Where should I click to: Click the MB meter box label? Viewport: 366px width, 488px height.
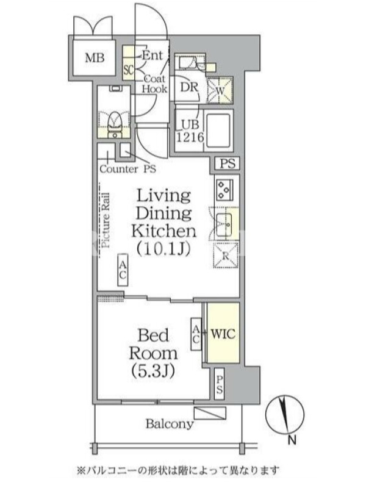tap(95, 58)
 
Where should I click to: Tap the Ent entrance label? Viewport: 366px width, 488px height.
tap(152, 56)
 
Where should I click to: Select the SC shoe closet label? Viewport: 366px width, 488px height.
tap(128, 70)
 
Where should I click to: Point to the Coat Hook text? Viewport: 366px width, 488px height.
tap(155, 84)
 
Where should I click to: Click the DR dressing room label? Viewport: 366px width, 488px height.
tap(189, 87)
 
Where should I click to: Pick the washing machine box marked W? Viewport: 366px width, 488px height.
tap(220, 90)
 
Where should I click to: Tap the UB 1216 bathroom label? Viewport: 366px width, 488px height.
tap(190, 131)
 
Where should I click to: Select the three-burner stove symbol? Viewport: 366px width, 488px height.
tap(223, 190)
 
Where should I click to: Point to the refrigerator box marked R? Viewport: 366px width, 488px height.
tap(226, 256)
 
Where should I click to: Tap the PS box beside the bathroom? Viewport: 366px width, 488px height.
tap(227, 163)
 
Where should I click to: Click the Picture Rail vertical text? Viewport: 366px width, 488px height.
tap(106, 220)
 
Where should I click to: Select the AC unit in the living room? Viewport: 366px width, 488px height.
tap(123, 270)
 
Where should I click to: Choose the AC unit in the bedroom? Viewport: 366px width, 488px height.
tap(196, 334)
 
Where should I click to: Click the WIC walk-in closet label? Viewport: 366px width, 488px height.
tap(223, 334)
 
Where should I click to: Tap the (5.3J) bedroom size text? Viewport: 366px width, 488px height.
tap(152, 371)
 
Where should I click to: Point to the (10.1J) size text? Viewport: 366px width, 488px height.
tap(163, 249)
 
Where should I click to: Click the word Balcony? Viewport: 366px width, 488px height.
tap(170, 424)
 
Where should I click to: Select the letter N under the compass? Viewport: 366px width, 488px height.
tap(292, 440)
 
